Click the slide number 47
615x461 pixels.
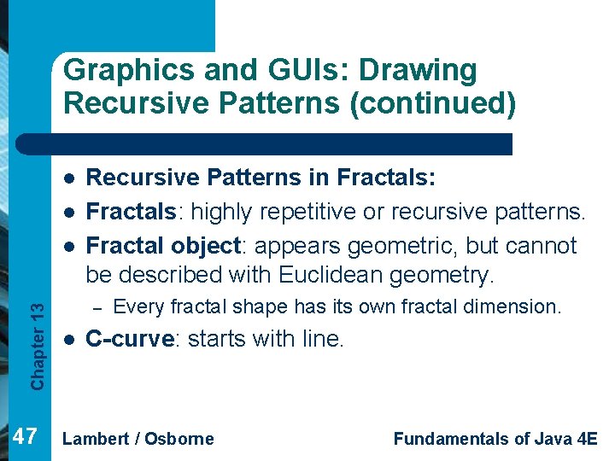point(26,437)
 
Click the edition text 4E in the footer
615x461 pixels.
point(587,438)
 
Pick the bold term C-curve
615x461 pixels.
point(131,339)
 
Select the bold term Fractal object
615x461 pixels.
point(161,245)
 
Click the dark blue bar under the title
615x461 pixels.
point(282,143)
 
